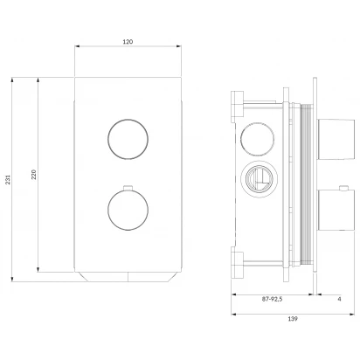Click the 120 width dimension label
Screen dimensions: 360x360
128,42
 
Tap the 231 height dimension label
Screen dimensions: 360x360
8,180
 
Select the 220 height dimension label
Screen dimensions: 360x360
34,174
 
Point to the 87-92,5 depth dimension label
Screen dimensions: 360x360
272,299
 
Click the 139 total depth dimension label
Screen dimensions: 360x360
293,319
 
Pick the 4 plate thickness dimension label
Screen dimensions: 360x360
339,299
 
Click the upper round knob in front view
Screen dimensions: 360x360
128,139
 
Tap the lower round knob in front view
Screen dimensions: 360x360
128,210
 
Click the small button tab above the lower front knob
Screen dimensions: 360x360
128,188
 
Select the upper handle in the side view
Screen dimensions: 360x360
336,139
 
